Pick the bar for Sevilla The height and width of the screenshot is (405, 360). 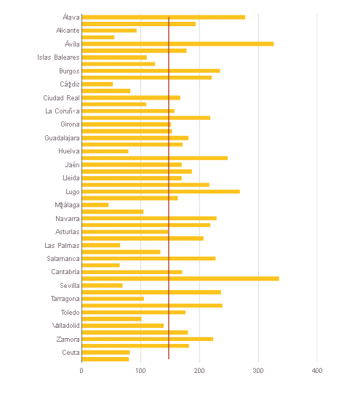click(x=102, y=285)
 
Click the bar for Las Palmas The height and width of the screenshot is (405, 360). click(x=100, y=245)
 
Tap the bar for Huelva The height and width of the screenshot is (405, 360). click(x=105, y=151)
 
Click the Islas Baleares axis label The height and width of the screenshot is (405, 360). click(x=58, y=57)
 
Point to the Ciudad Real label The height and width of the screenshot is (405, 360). click(x=61, y=97)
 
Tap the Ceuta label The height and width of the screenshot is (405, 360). click(x=71, y=353)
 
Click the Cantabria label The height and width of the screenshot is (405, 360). click(x=65, y=272)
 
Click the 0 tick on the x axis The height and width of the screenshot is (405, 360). click(x=81, y=371)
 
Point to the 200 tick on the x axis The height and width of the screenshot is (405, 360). click(x=199, y=371)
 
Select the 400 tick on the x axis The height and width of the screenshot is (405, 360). click(x=317, y=371)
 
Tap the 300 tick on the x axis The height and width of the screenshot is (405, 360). click(x=258, y=371)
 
